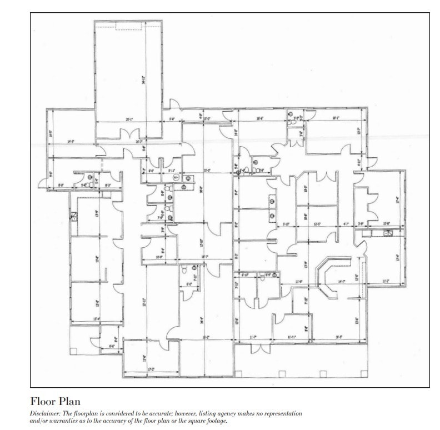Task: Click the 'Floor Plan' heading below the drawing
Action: tap(56, 401)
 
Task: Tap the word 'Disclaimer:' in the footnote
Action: tap(46, 414)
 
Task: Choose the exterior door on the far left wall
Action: tap(43, 182)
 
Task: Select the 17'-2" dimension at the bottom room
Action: tap(151, 369)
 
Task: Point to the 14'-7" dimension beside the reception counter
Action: tap(341, 282)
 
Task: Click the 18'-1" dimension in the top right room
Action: tap(336, 118)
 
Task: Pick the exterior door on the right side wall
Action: tap(373, 163)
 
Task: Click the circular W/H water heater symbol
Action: tap(176, 178)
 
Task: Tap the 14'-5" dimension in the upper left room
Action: tap(71, 142)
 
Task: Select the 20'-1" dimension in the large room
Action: tap(129, 119)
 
